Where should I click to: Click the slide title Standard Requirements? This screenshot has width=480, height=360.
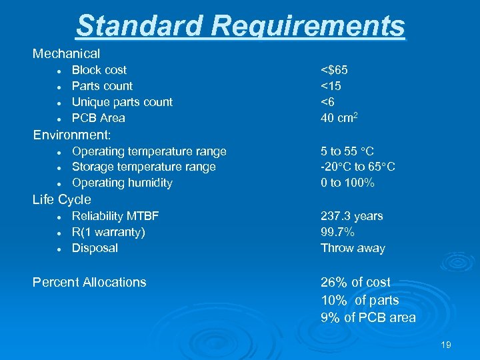[x=240, y=25]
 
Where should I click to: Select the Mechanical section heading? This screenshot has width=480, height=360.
[x=66, y=53]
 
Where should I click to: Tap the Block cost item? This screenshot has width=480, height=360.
[x=99, y=70]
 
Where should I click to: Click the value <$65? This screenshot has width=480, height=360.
[x=334, y=70]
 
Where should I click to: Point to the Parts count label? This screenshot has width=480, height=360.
[x=102, y=86]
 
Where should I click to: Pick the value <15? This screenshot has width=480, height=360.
[x=331, y=86]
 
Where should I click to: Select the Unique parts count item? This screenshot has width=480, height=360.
[x=122, y=102]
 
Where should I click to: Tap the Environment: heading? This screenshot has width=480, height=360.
[x=72, y=135]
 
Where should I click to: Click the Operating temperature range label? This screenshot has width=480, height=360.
[x=149, y=151]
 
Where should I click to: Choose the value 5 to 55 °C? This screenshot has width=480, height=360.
[x=347, y=151]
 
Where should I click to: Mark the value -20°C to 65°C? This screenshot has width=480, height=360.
[x=357, y=167]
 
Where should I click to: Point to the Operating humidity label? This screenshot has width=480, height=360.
[x=122, y=183]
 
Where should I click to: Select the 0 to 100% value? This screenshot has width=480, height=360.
[x=347, y=183]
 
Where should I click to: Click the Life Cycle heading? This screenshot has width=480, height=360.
[x=61, y=199]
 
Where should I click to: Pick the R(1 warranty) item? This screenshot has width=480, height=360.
[x=108, y=232]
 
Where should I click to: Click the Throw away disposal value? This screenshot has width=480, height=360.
[x=353, y=248]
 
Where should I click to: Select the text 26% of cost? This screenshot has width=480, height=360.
[x=355, y=282]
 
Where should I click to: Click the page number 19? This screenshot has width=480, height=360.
[x=446, y=345]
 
